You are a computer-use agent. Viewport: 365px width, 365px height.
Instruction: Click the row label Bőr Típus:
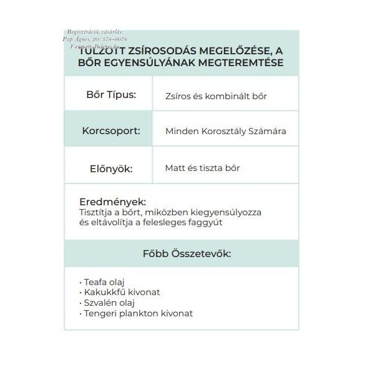click(109, 95)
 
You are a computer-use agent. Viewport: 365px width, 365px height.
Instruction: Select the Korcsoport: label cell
click(110, 132)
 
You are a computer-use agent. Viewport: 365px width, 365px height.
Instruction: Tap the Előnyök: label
click(110, 168)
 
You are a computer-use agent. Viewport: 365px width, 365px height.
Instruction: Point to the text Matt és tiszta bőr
click(203, 168)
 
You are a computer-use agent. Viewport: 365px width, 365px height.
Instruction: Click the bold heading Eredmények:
click(112, 202)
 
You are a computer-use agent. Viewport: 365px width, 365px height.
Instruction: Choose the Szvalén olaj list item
click(107, 303)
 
